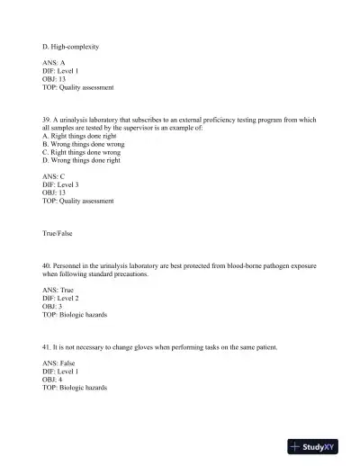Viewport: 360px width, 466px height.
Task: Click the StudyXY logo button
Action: tap(319, 446)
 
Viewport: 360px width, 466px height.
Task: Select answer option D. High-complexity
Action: tap(70, 46)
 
